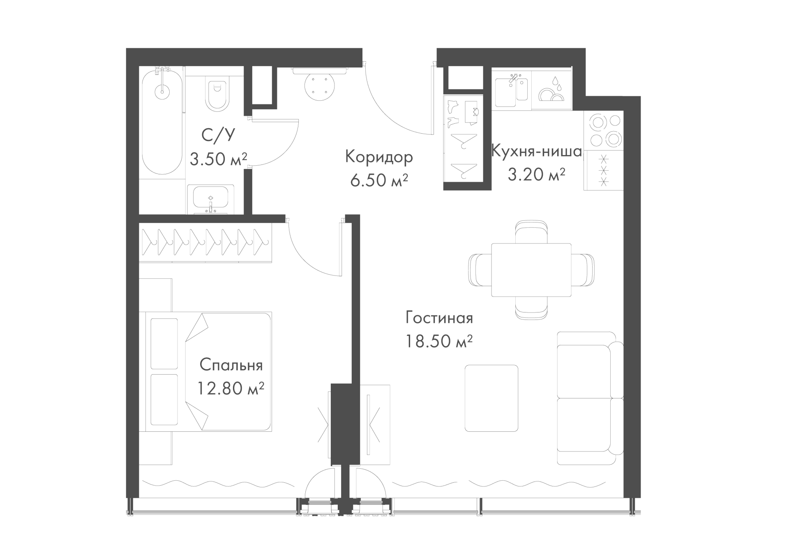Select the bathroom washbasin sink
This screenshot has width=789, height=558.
[x=211, y=199]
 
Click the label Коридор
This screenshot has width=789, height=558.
[x=379, y=157]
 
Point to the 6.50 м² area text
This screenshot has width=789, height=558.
[x=379, y=180]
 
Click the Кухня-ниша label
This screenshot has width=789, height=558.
[x=537, y=152]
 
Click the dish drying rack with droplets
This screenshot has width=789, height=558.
[x=551, y=90]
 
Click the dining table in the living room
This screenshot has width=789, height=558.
[x=531, y=270]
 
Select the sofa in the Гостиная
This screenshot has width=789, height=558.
[x=590, y=398]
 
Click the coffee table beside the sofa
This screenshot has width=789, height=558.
[x=491, y=398]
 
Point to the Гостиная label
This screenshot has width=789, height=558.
[x=439, y=318]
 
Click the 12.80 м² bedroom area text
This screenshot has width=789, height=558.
[x=231, y=388]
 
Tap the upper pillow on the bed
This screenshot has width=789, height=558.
[x=164, y=344]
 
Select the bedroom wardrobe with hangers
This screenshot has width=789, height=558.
[x=205, y=243]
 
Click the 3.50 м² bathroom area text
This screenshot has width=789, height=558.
[x=218, y=159]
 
